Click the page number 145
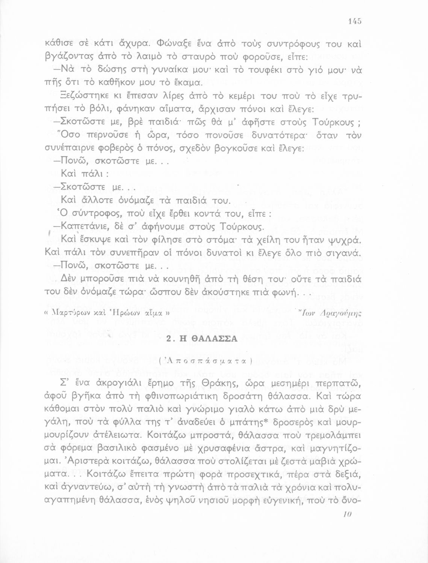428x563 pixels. point(355,21)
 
